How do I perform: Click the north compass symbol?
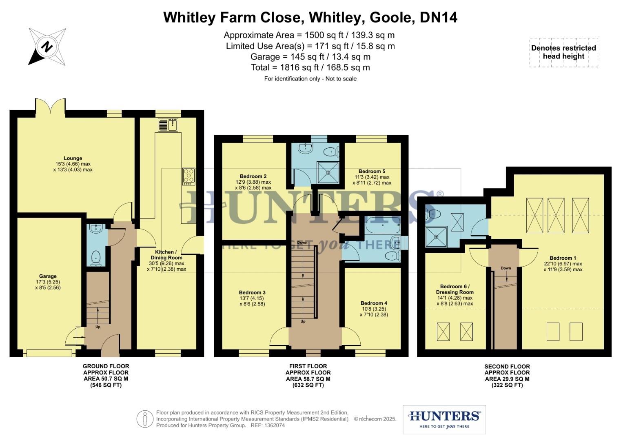click(47, 47)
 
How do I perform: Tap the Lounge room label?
click(73, 158)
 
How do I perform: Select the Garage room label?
click(48, 276)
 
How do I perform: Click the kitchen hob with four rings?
click(188, 176)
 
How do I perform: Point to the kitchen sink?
click(168, 125)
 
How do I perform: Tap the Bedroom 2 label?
click(253, 176)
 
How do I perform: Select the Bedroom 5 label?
click(372, 171)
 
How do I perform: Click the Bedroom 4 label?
click(374, 303)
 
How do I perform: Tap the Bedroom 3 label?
click(252, 292)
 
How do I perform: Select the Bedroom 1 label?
click(563, 258)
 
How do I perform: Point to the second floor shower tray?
click(436, 237)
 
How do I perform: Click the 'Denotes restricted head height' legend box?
click(563, 52)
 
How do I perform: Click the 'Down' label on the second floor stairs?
click(505, 268)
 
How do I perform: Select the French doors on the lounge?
click(50, 107)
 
